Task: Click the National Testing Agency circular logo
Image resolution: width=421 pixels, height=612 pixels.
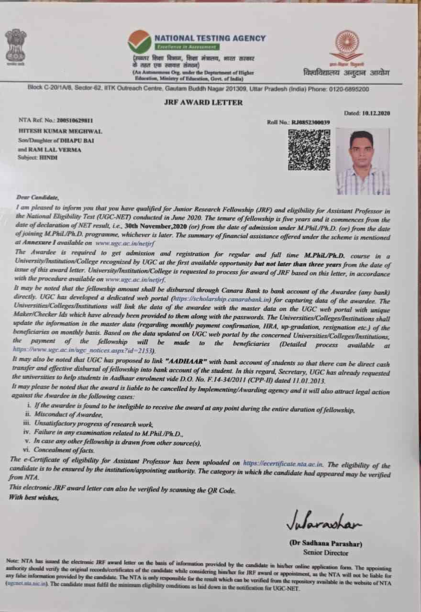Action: click(139, 42)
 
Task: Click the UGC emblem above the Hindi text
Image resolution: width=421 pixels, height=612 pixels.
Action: click(346, 45)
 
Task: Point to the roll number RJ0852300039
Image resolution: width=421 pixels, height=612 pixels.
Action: click(310, 122)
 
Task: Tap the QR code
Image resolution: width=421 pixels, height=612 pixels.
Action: click(309, 150)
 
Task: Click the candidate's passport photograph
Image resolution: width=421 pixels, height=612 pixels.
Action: click(362, 162)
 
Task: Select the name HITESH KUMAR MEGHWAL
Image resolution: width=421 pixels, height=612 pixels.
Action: click(60, 131)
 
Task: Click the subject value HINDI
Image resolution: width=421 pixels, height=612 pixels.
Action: click(48, 157)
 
